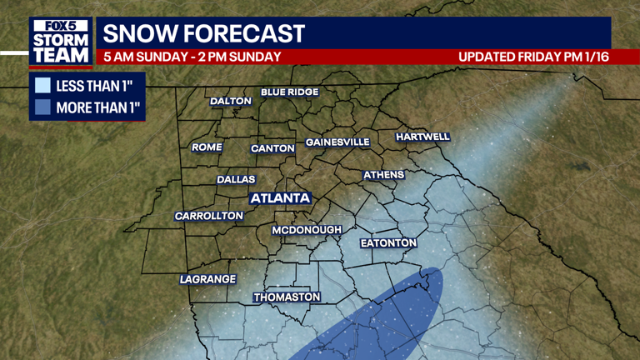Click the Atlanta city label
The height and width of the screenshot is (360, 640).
280,198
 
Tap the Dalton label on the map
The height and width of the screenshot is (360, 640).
231,101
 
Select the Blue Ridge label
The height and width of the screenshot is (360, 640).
289,92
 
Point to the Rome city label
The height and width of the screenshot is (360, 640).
207,147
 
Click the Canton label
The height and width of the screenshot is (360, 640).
272,148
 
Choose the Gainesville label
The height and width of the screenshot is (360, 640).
337,142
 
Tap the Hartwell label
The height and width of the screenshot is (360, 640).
422,136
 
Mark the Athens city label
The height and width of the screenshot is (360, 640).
383,175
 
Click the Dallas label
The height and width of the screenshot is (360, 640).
236,179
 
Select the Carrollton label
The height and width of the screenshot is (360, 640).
208,216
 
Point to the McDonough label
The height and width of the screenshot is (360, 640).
307,229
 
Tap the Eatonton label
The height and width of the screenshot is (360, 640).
387,242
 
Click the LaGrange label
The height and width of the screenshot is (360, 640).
207,279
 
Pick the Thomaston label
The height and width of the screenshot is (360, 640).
287,297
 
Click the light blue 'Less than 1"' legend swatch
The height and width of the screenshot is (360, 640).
42,85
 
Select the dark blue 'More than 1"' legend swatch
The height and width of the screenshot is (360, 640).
42,107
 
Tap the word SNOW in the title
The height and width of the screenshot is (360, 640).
139,35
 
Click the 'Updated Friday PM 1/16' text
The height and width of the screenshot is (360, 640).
531,57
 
